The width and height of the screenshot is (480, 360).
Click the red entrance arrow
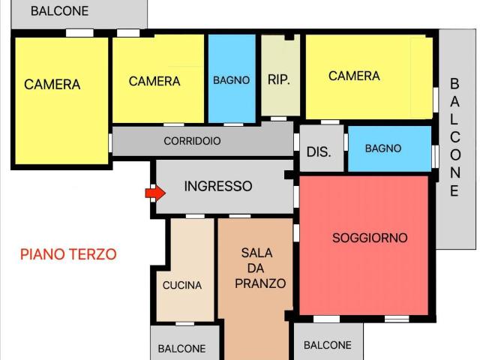click(154, 193)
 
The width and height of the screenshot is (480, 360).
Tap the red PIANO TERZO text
click(68, 254)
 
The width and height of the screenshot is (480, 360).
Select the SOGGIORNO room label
click(370, 238)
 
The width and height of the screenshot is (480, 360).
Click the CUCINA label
click(182, 285)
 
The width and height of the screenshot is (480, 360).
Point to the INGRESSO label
click(218, 186)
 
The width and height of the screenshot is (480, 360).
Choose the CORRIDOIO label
click(192, 140)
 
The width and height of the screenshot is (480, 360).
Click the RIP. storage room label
click(279, 79)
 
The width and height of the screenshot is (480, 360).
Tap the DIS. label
click(319, 151)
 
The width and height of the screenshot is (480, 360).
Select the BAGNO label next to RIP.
click(231, 80)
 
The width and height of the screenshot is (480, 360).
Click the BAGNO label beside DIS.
click(382, 148)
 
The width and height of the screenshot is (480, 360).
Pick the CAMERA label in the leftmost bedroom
click(52, 85)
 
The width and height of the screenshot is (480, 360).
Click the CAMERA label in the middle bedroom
click(154, 81)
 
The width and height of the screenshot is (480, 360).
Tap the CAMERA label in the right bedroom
click(354, 76)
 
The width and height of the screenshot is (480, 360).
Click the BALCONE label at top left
click(59, 11)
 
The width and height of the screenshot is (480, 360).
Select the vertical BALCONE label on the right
click(454, 137)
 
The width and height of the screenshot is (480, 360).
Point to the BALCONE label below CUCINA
click(181, 349)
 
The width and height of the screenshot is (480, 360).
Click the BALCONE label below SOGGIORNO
click(327, 345)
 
